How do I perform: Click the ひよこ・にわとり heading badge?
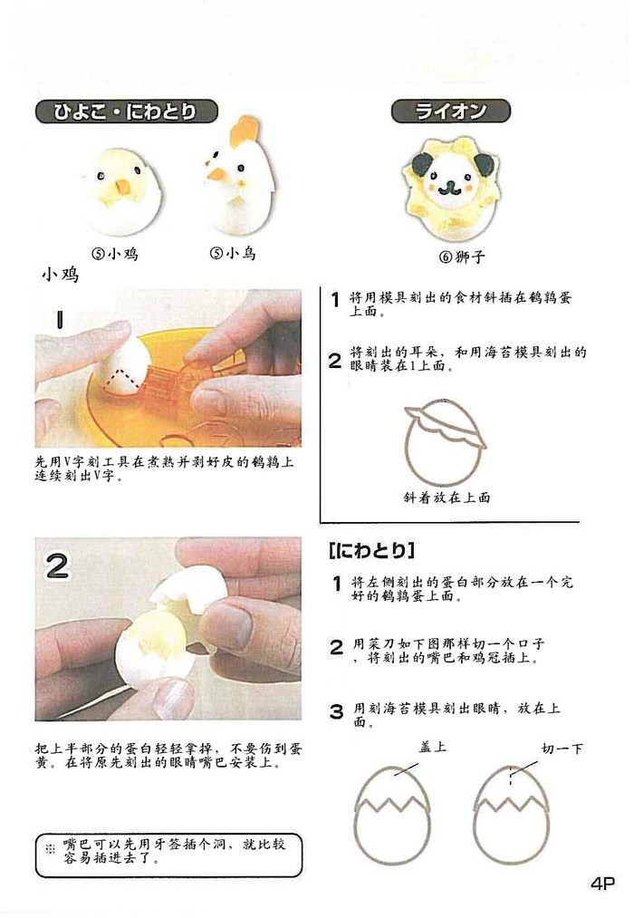coord(126,111)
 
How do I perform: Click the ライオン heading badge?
coord(450,111)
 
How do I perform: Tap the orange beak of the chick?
coord(123,187)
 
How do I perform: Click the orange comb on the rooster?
coord(243,131)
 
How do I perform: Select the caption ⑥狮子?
coord(462,256)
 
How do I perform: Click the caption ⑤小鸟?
coord(233,253)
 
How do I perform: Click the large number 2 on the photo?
coord(57,565)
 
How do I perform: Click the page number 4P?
coord(602,883)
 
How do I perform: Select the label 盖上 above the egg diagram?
coord(433,747)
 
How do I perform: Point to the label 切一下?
coord(562,749)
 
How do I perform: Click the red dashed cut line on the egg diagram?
coord(510,776)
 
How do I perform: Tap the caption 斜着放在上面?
coord(447,498)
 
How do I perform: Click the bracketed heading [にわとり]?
coord(372,550)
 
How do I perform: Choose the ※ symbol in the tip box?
coord(50,847)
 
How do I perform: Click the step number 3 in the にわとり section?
coord(336,711)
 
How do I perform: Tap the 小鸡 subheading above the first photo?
coord(61,274)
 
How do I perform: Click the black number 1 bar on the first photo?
coord(60,319)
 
